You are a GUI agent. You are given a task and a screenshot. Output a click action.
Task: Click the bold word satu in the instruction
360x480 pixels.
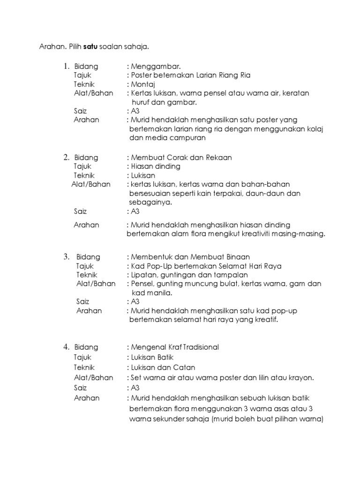click(x=90, y=47)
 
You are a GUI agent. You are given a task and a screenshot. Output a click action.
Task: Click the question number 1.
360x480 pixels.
click(x=67, y=67)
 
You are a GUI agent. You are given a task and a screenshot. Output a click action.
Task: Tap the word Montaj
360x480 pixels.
click(x=143, y=84)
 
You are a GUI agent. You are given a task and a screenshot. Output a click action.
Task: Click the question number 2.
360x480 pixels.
click(x=67, y=157)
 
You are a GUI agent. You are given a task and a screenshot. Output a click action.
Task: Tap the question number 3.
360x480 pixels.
click(x=67, y=257)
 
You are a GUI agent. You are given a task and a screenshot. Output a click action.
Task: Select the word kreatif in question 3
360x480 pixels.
click(x=266, y=320)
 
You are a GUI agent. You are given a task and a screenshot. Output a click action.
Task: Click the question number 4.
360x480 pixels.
click(x=67, y=347)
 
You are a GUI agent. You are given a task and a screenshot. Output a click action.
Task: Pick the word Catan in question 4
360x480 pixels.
click(x=184, y=367)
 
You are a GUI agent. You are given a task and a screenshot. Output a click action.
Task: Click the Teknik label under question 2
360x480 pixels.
click(x=84, y=175)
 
